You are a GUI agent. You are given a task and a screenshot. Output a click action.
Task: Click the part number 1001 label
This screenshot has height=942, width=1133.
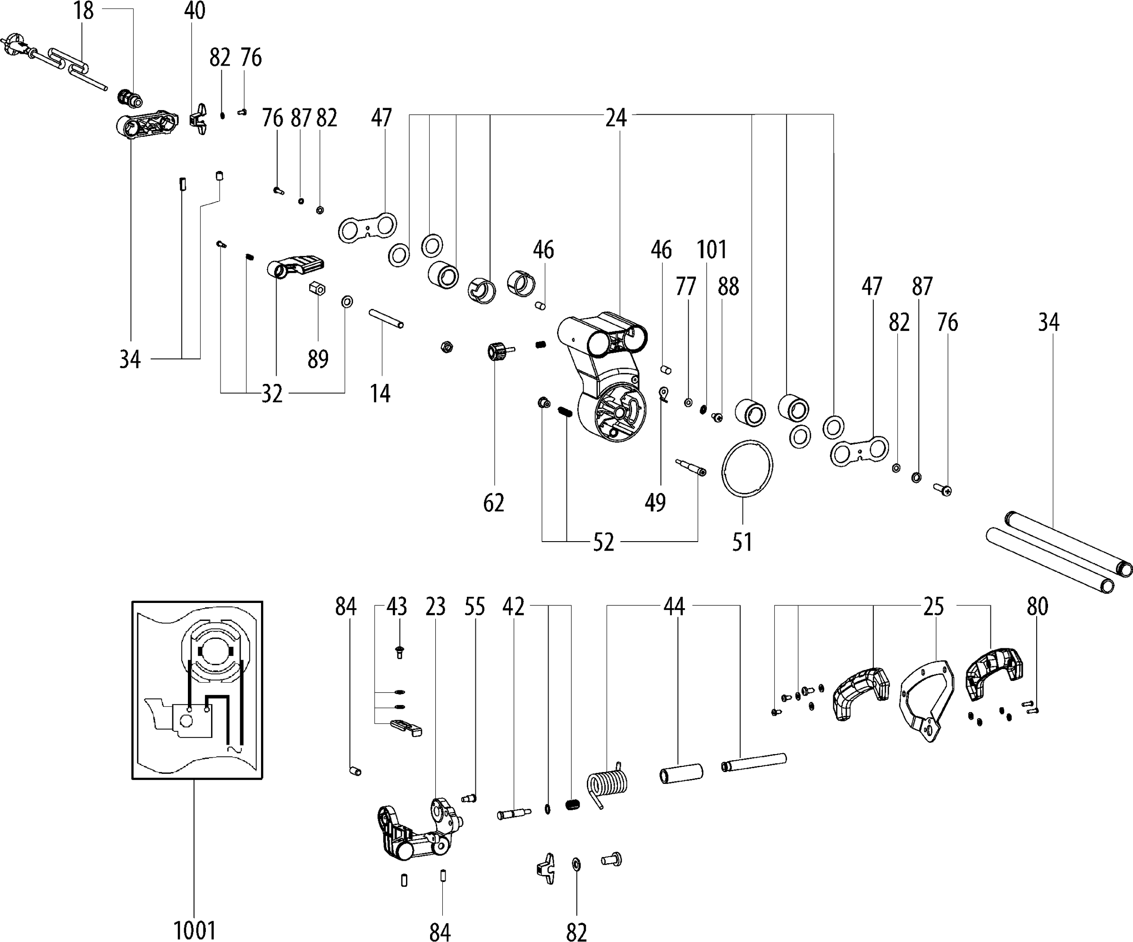point(194,930)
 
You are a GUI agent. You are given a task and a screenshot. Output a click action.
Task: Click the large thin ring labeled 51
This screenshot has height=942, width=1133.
point(747,467)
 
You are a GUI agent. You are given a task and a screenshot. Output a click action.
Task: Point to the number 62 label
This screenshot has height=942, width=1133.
point(494,503)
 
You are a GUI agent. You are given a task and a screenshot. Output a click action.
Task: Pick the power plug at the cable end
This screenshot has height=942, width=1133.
point(15,46)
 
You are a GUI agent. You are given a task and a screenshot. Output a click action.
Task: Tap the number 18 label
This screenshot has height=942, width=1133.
point(84,11)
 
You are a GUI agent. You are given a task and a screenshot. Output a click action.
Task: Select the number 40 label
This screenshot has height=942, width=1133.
point(195,11)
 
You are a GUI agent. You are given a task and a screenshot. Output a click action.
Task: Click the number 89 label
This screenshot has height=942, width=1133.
point(318,359)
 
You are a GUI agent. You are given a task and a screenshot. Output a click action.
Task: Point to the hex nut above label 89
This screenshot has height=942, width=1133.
point(317,289)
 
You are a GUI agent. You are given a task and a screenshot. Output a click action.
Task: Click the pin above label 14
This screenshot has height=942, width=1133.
point(386,318)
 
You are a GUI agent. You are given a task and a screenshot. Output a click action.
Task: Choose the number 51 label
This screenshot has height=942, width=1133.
point(743,542)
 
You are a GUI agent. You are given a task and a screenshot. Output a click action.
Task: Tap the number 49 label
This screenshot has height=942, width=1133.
point(655,503)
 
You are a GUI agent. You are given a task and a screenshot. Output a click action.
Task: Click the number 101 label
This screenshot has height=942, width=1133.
point(711,250)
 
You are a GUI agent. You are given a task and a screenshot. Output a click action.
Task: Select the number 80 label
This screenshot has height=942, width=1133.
point(1038,606)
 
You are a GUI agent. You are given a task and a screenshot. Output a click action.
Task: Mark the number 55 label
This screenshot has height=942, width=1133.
point(475,606)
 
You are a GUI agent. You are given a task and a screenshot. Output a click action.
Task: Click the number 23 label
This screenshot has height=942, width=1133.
point(435,606)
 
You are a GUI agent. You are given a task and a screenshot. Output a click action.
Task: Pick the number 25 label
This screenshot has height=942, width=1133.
point(933,606)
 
